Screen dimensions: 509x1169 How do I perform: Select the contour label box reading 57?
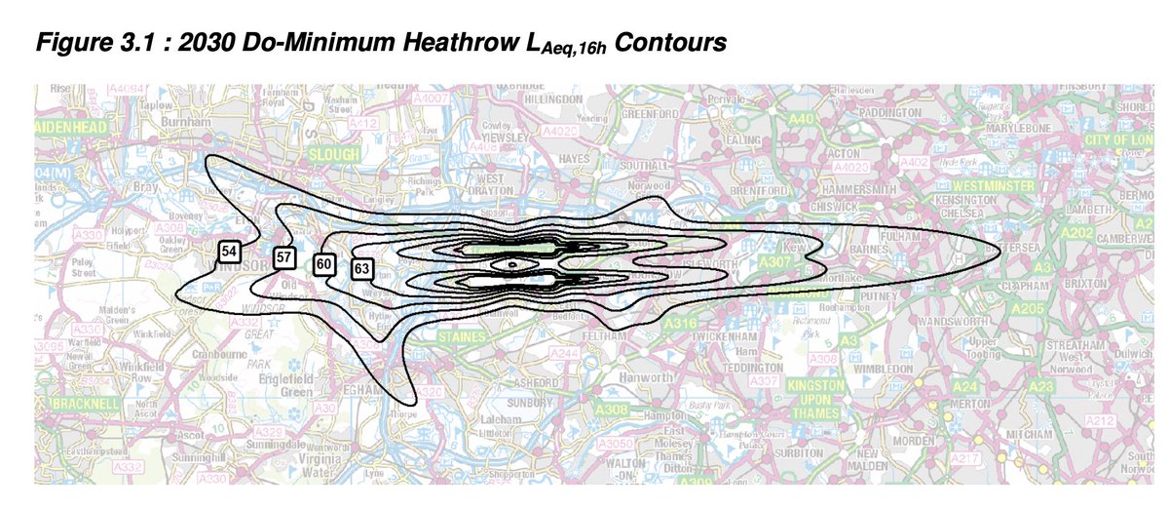click(284, 257)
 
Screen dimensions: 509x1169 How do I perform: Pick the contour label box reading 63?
click(362, 267)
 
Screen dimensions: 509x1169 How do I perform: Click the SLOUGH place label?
click(334, 155)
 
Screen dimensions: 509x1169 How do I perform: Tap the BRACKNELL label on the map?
click(87, 404)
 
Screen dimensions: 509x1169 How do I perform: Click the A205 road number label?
click(1027, 307)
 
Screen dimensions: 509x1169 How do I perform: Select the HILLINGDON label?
click(552, 99)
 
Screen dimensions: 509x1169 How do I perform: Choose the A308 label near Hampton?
click(612, 409)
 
